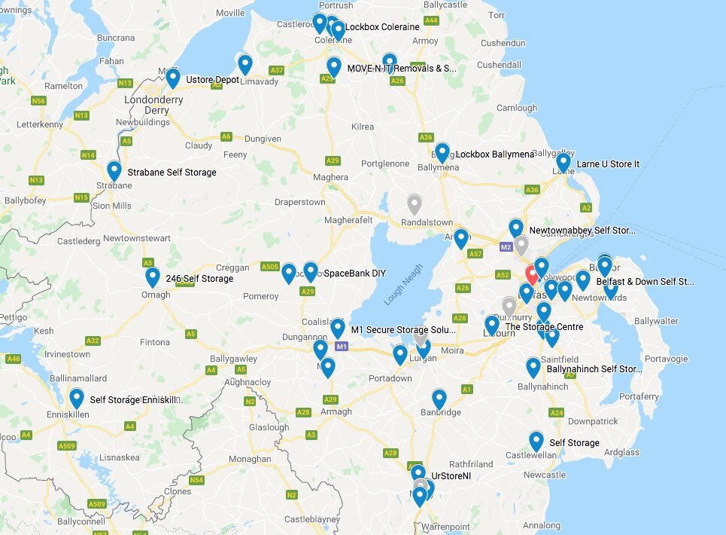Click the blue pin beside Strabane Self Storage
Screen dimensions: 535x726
click(114, 171)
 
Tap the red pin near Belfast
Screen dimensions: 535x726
click(532, 274)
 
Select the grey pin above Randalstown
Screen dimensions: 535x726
click(414, 204)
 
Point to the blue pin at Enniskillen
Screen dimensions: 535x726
click(76, 398)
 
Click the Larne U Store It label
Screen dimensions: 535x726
click(608, 164)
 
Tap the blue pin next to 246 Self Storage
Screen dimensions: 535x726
click(153, 277)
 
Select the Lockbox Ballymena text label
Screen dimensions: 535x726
click(494, 154)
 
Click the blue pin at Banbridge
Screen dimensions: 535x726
click(439, 399)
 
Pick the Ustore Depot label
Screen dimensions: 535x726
click(212, 80)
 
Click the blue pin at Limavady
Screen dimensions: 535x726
click(245, 64)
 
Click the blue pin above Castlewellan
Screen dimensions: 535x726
click(536, 441)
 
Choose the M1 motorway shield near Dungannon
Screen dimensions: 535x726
click(342, 347)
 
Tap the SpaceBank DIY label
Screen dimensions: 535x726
click(349, 273)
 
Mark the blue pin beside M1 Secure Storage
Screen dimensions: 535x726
click(338, 328)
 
